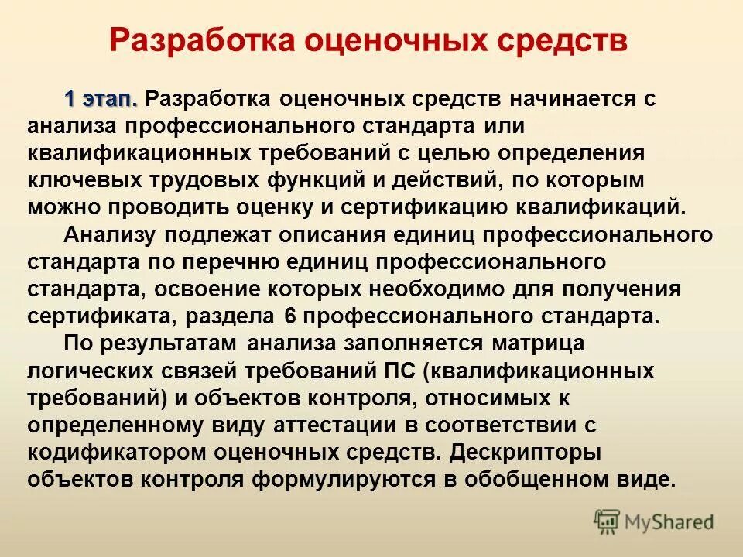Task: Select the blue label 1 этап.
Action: click(101, 99)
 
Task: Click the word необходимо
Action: click(447, 289)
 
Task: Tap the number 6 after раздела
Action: click(290, 316)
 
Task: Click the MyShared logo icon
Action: click(608, 522)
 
